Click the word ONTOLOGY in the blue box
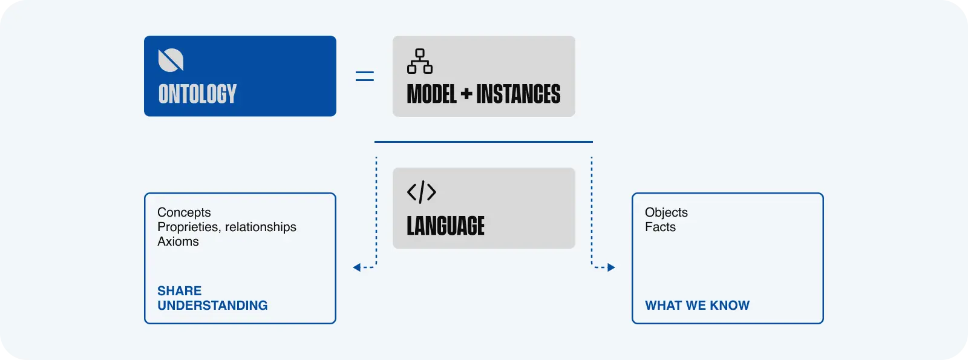point(197,94)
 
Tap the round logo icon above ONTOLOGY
point(171,61)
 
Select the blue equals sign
point(364,76)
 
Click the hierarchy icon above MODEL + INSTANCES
point(420,61)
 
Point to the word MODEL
point(431,94)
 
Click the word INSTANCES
point(518,94)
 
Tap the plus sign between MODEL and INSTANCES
point(466,94)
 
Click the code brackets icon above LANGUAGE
point(422,192)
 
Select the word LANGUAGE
point(445,226)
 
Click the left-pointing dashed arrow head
point(357,267)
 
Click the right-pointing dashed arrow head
point(611,267)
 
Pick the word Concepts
point(184,212)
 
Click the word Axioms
point(178,241)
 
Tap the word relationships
point(261,227)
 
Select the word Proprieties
point(188,227)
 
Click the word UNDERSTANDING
point(212,306)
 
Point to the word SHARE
point(179,291)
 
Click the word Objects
point(666,212)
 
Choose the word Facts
point(660,227)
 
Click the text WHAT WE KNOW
point(697,306)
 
